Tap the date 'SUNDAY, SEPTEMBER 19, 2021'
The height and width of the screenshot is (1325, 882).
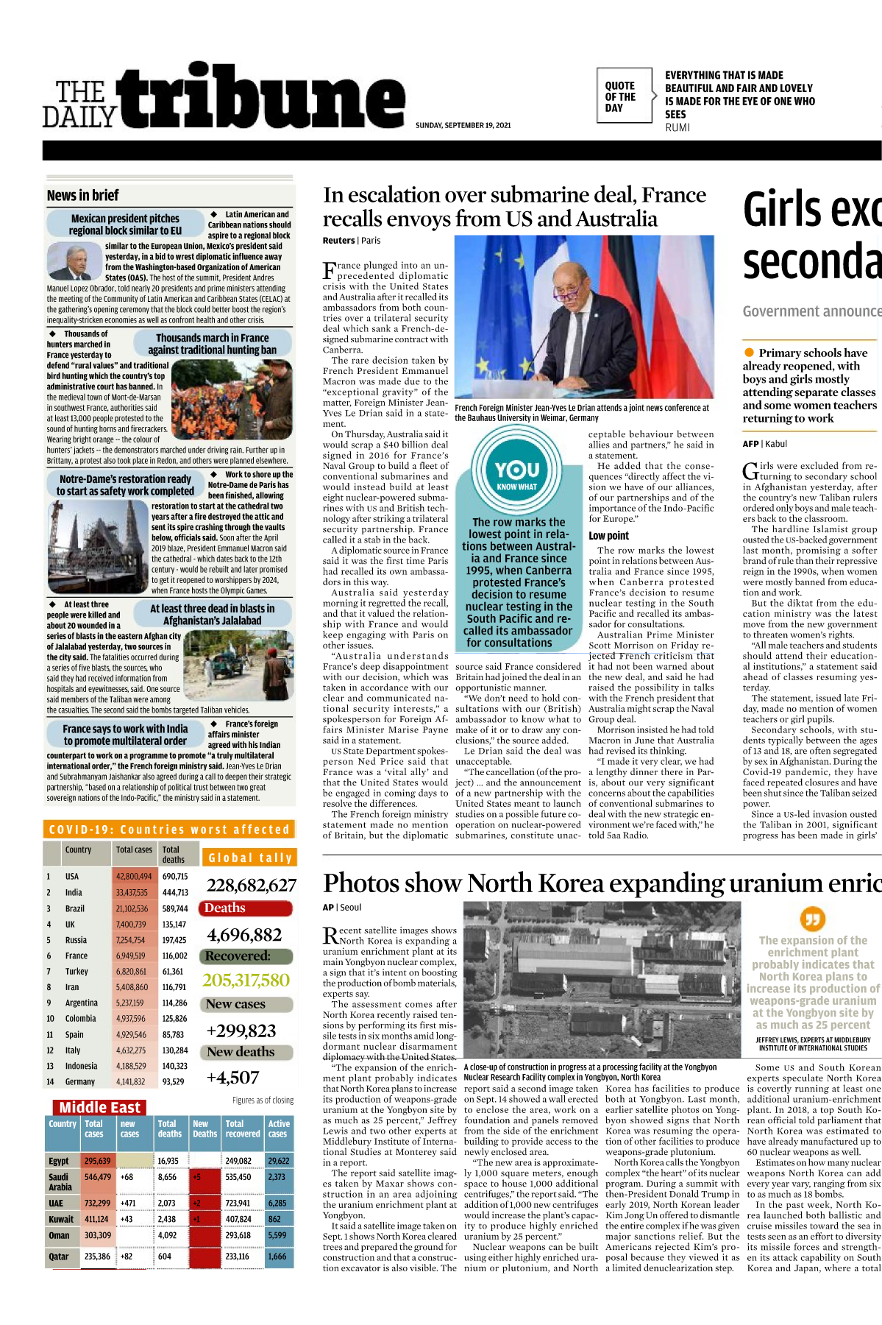click(x=463, y=125)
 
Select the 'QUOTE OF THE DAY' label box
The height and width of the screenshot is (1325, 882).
click(x=623, y=96)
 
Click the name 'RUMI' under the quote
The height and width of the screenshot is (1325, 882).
click(x=677, y=127)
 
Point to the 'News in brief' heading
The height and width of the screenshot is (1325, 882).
click(x=82, y=196)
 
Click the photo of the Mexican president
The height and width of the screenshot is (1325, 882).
click(x=74, y=261)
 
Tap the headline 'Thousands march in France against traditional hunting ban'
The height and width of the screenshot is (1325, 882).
click(x=213, y=344)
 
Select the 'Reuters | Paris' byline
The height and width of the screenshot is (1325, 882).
click(x=352, y=241)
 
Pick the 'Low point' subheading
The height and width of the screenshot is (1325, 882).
click(x=608, y=536)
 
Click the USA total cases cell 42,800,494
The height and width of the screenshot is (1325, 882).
click(x=133, y=877)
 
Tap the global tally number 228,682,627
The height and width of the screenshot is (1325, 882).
click(x=251, y=885)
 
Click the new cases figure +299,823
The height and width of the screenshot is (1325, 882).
click(x=241, y=1031)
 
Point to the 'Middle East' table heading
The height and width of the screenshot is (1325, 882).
click(x=100, y=1108)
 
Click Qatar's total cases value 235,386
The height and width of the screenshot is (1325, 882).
click(x=97, y=1257)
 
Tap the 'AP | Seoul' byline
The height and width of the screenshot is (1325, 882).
click(x=342, y=908)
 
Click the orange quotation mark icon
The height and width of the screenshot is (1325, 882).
click(x=812, y=919)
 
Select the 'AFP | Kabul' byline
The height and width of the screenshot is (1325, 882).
click(x=764, y=444)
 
